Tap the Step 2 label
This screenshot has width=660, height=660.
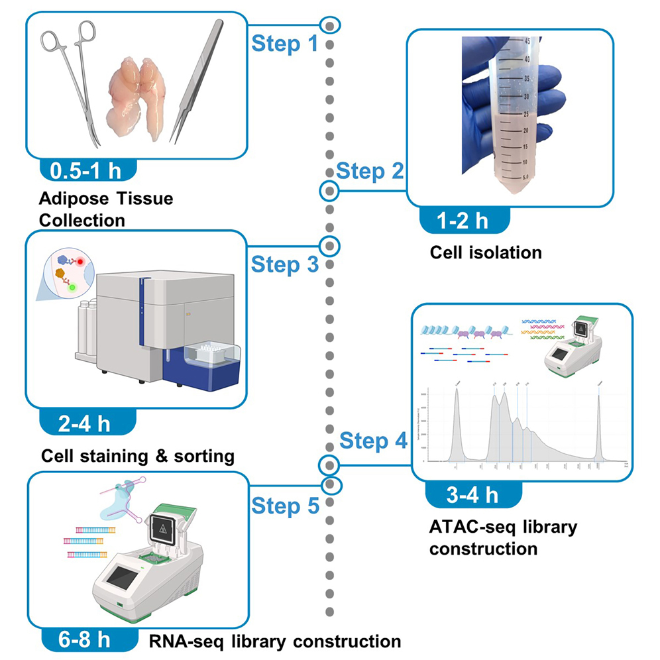pos(370,171)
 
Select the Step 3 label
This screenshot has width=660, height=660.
pos(284,264)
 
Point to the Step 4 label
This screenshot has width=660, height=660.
pos(373,441)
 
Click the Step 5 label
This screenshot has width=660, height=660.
pos(284,506)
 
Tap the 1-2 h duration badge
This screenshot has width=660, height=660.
pos(464,220)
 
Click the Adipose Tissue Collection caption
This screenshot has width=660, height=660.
pos(105,209)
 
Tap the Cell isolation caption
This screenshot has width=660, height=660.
pos(485,252)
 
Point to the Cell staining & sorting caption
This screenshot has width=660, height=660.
pos(137,456)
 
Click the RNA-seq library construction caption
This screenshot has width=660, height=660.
pos(274,641)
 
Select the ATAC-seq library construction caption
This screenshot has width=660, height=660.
pos(503,537)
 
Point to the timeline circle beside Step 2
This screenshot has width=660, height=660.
pos(329,191)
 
